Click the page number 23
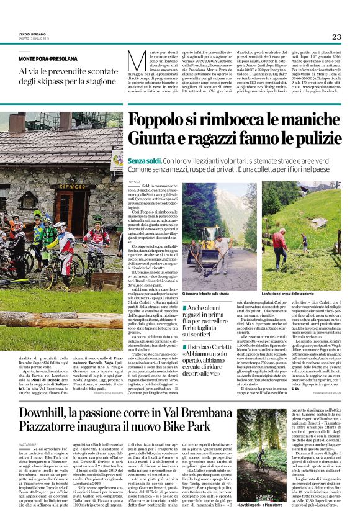coord(336,37)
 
